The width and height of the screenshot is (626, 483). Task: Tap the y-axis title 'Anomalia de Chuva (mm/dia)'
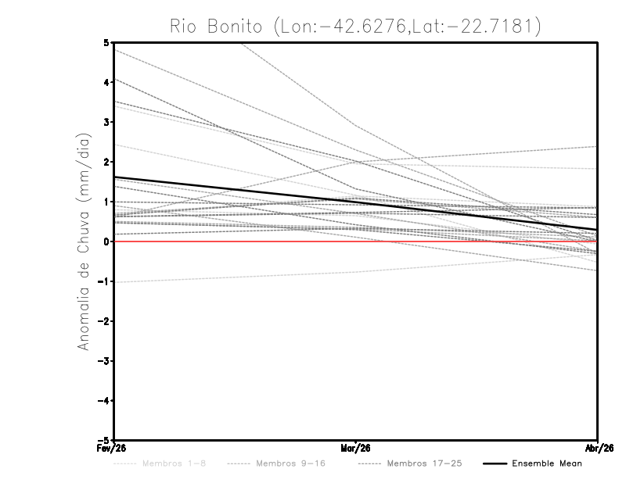click(x=83, y=241)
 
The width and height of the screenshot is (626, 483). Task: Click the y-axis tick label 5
click(x=106, y=42)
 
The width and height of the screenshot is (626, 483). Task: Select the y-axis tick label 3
click(x=106, y=122)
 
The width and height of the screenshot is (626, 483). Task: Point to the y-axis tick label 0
click(x=106, y=241)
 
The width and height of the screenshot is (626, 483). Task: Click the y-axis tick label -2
click(x=103, y=321)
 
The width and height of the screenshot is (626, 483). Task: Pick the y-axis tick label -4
click(x=103, y=401)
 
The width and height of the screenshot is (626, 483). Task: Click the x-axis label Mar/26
click(x=355, y=449)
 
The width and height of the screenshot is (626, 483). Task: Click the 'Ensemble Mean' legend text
click(x=547, y=464)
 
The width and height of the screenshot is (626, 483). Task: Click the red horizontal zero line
click(x=469, y=241)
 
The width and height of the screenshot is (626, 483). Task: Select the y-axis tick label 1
click(x=106, y=202)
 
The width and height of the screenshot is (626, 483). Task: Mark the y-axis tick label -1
click(x=103, y=281)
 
